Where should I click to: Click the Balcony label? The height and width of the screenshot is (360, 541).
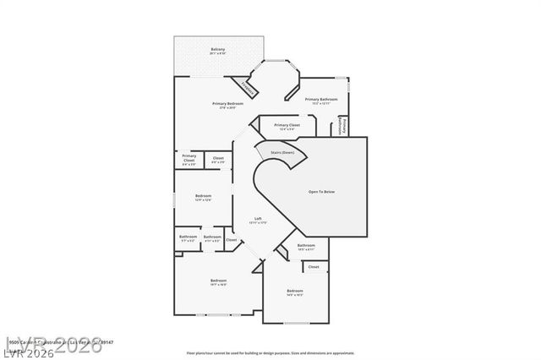click(217, 51)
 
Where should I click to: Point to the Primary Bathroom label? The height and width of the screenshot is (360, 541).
click(321, 100)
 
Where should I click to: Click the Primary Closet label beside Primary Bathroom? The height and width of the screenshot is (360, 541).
click(287, 125)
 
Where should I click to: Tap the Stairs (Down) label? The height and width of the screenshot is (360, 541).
click(282, 152)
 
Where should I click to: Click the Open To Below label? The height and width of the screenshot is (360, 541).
click(321, 192)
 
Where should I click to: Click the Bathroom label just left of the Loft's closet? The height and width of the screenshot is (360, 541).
click(212, 237)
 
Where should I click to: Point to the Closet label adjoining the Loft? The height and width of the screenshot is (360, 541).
click(231, 239)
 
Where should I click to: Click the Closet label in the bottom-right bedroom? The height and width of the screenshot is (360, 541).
click(313, 266)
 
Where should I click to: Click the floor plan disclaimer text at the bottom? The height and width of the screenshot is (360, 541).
click(270, 352)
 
